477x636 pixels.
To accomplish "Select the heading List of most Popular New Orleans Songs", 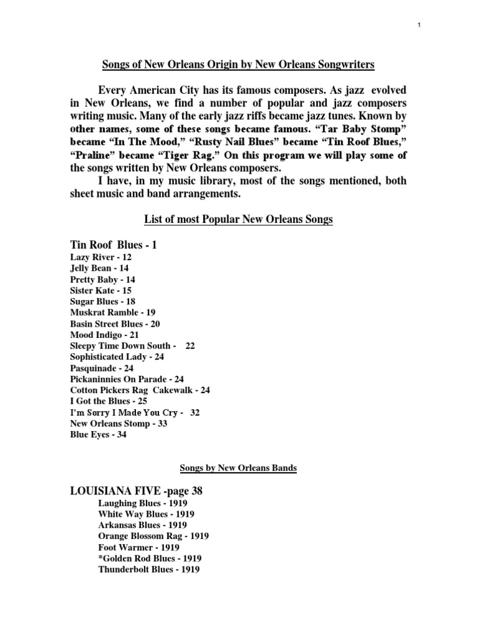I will coord(238,220).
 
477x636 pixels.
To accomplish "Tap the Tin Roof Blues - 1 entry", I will coord(114,245).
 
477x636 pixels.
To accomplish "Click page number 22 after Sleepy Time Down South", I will coord(190,345).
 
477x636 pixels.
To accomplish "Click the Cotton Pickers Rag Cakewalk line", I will coord(140,390).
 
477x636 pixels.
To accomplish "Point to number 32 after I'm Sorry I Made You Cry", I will coord(195,412).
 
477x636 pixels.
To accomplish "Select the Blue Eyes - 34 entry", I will coord(98,435).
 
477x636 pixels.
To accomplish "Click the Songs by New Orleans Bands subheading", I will coord(238,468).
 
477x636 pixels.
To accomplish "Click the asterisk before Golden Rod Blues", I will coord(101,558).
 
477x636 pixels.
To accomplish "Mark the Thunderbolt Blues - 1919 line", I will coord(149,570).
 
